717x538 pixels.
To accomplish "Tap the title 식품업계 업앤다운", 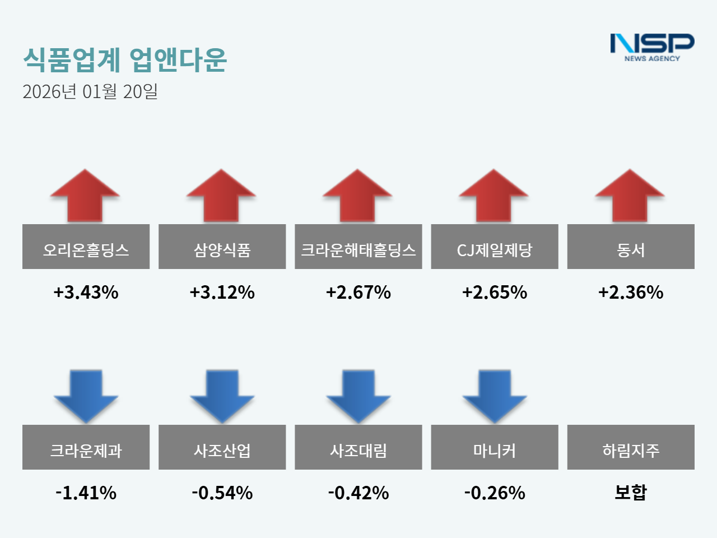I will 125,60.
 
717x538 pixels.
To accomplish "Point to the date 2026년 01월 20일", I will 90,91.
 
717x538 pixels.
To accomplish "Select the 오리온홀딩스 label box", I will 86,247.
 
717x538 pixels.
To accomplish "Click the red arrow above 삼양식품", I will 221,196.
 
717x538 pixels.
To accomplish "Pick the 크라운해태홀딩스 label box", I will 358,247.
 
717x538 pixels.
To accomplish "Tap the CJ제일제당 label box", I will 494,247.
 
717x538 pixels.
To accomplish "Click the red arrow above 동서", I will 630,196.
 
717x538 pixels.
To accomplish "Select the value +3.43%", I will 86,292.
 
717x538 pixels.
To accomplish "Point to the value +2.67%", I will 358,292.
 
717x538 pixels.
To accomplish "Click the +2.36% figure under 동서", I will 630,292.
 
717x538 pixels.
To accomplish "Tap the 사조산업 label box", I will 222,447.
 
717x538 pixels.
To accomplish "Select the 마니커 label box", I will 494,447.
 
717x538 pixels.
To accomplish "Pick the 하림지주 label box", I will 630,447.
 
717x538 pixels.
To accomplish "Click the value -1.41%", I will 86,493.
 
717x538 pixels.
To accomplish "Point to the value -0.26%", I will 494,493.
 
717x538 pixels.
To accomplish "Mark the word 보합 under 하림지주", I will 630,492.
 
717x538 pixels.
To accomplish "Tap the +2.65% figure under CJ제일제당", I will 494,292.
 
